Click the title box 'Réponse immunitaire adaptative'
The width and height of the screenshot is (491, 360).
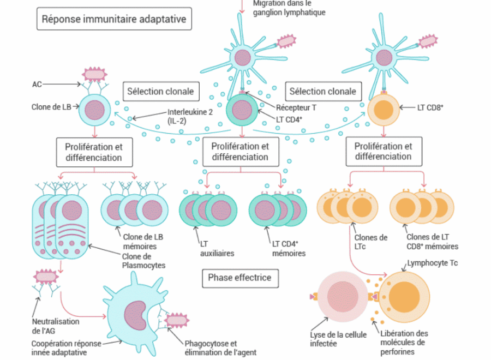click(x=114, y=20)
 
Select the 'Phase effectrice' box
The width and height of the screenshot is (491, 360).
click(x=239, y=278)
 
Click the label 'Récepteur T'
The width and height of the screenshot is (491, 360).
click(x=296, y=107)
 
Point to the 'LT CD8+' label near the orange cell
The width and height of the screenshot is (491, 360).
click(x=430, y=107)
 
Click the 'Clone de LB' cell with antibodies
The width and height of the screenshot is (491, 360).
click(x=95, y=108)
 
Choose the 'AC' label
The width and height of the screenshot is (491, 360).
click(x=37, y=84)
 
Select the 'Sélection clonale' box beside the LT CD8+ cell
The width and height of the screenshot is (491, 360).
click(x=322, y=91)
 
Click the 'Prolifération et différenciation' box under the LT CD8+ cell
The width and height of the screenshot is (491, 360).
click(x=384, y=151)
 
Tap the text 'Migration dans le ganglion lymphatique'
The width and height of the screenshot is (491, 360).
click(x=289, y=8)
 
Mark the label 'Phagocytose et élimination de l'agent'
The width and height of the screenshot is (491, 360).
click(x=220, y=348)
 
